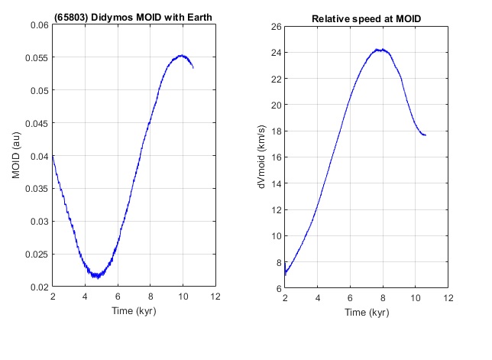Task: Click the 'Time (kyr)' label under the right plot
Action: click(x=366, y=312)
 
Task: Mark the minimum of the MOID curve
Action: click(x=97, y=277)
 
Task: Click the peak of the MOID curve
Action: click(x=182, y=55)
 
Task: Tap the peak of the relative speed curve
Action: click(x=380, y=50)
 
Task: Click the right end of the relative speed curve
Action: click(x=425, y=135)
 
